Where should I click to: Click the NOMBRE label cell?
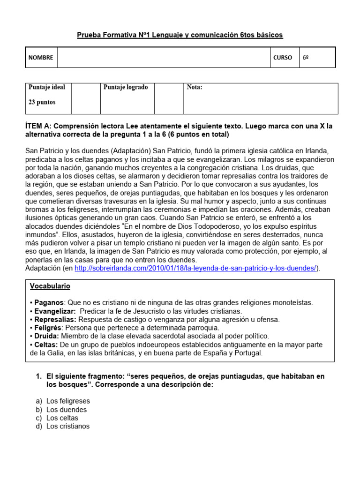(41, 58)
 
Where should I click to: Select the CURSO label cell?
(283, 58)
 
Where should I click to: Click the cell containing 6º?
(316, 58)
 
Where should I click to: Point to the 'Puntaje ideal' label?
(47, 87)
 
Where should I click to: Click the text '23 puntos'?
(42, 102)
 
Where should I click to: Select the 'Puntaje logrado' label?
(125, 87)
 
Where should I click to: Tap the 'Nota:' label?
(195, 87)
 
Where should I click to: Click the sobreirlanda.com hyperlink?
(196, 268)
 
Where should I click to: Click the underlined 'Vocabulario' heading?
(50, 286)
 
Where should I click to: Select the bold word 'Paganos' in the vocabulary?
(48, 303)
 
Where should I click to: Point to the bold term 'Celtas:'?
(45, 345)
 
